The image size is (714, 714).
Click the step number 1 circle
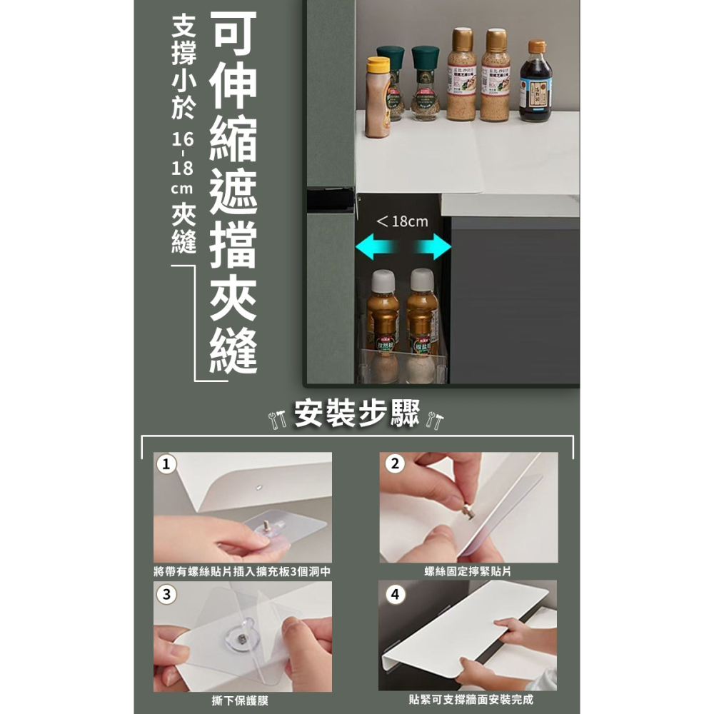[166, 464]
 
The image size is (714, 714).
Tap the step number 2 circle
[395, 464]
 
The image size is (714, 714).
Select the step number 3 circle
[166, 593]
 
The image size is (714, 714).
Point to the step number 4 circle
[395, 593]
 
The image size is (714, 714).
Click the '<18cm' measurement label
[402, 221]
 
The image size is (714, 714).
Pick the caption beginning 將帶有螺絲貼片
[242, 571]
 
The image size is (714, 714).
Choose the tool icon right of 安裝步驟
[434, 417]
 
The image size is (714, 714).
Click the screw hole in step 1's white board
[257, 488]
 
